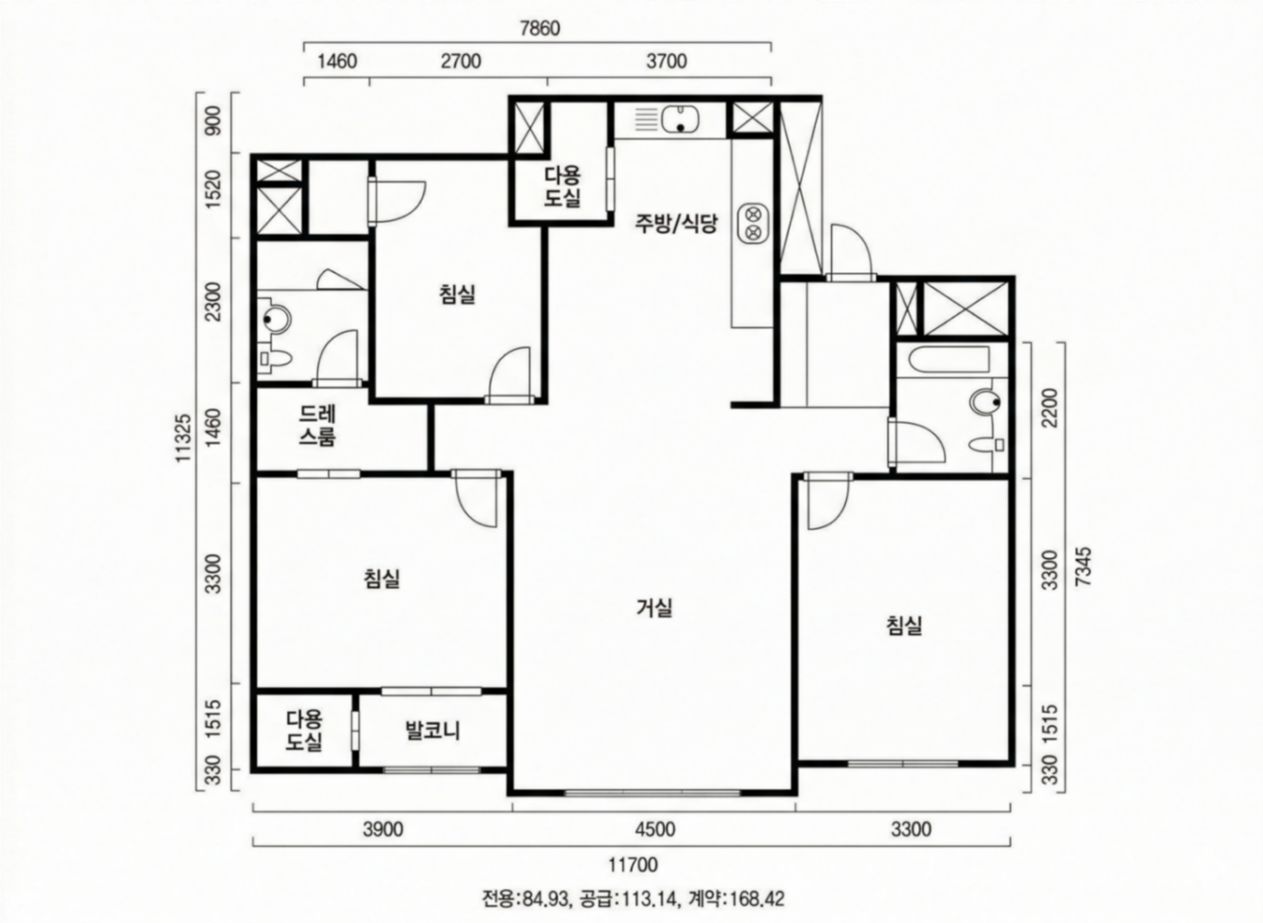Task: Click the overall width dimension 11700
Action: (633, 865)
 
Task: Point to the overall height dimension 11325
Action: (184, 438)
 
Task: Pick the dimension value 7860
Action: (540, 29)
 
